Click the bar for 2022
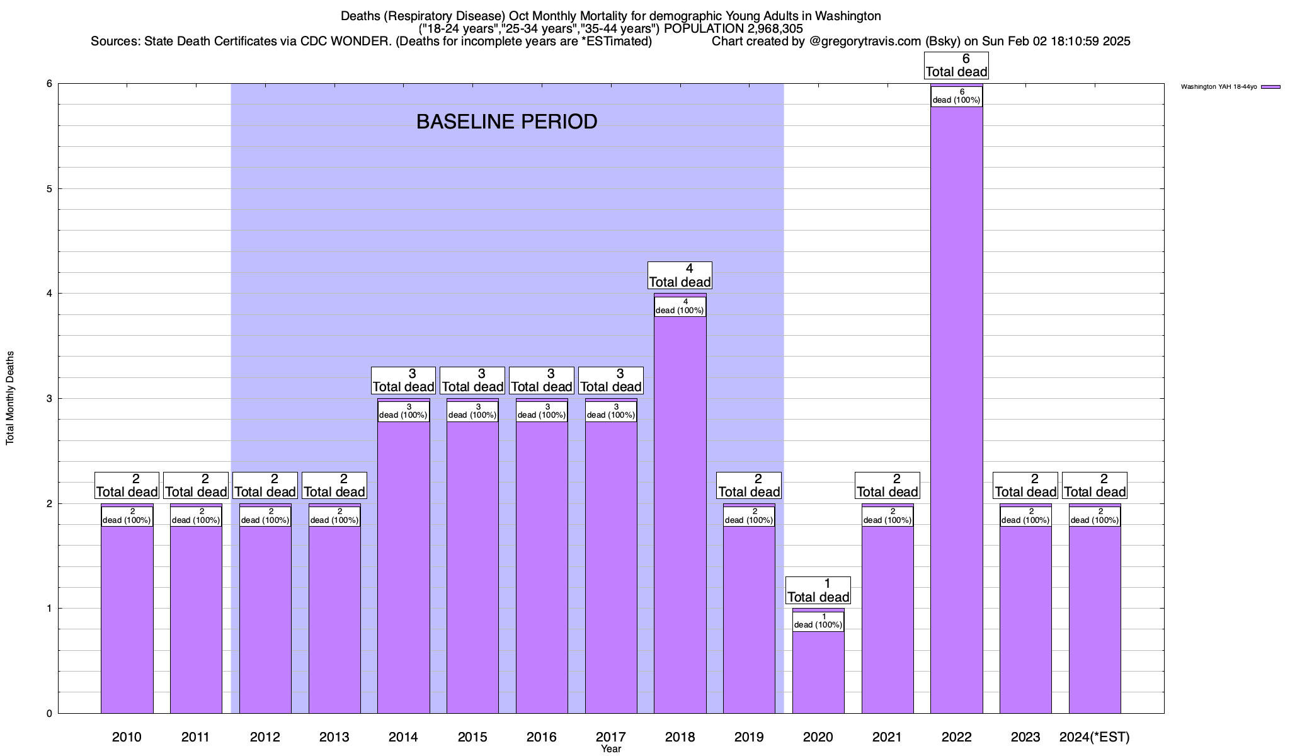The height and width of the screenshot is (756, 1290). pos(956,409)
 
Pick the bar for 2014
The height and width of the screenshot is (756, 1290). pos(403,567)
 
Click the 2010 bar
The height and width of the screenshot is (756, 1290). pos(127,617)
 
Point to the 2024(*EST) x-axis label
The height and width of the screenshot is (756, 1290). pos(1095,736)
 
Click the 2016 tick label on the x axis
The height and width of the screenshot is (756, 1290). pos(542,736)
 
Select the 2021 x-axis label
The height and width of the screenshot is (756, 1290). pos(887,736)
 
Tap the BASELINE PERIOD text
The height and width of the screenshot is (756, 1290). pos(506,122)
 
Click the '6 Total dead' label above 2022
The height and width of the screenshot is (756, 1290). pos(956,66)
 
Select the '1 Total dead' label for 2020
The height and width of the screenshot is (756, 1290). pos(818,590)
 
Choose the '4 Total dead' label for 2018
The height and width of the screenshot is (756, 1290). pos(680,275)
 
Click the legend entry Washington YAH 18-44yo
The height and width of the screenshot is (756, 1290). pos(1219,87)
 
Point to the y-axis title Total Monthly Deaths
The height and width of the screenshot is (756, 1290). pos(10,398)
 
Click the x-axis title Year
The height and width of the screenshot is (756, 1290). pos(610,749)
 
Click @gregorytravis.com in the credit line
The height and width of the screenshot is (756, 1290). pos(865,42)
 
